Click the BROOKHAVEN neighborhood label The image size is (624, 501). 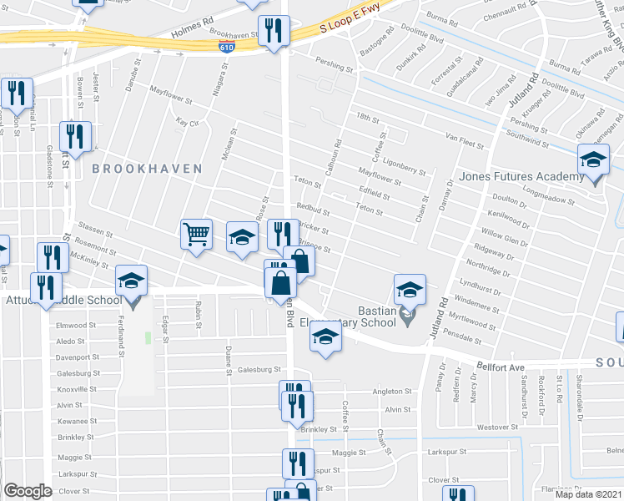147,169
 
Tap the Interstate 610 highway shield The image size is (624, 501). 227,48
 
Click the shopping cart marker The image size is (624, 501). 196,233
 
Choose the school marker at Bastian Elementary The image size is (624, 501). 410,290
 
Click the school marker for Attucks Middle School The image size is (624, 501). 131,281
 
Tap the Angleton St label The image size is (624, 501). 392,391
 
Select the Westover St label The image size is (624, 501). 491,427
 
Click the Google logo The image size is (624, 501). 28,491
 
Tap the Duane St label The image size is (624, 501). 227,356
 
